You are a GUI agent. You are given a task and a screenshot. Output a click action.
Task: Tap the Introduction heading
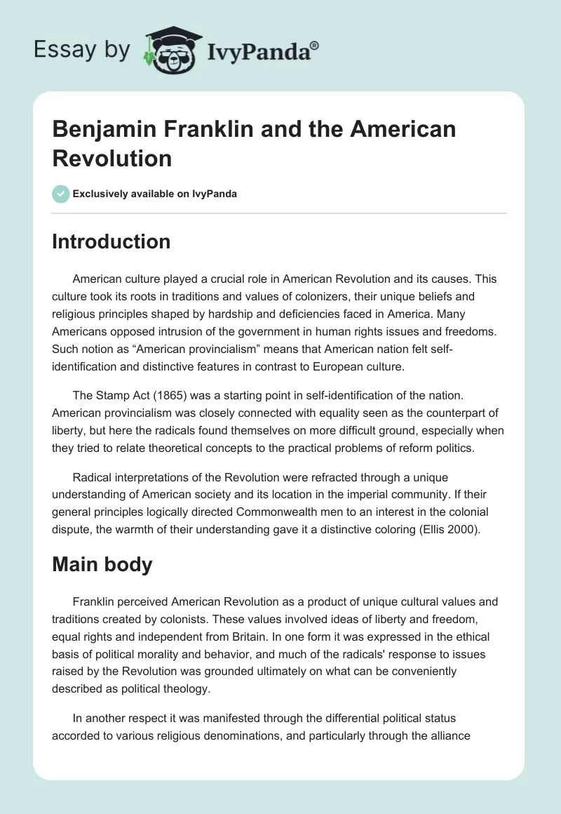tap(111, 241)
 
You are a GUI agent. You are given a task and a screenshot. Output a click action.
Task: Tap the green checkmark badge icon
tap(61, 194)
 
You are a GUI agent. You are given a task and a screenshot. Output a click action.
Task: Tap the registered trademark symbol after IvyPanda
tap(315, 46)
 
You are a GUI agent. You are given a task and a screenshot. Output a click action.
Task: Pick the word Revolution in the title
tap(112, 158)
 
